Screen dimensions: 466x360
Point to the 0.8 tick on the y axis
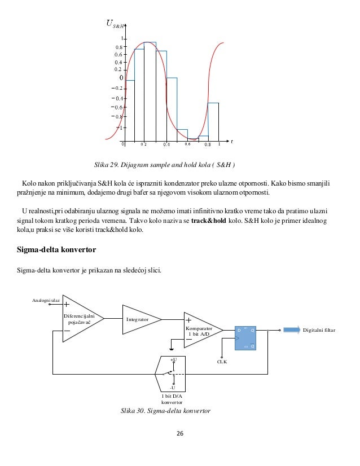point(119,47)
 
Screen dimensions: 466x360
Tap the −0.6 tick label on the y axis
point(116,107)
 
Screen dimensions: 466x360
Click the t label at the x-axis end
point(231,141)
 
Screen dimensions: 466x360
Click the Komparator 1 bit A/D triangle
point(199,330)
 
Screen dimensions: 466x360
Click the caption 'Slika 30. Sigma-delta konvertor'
point(165,411)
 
